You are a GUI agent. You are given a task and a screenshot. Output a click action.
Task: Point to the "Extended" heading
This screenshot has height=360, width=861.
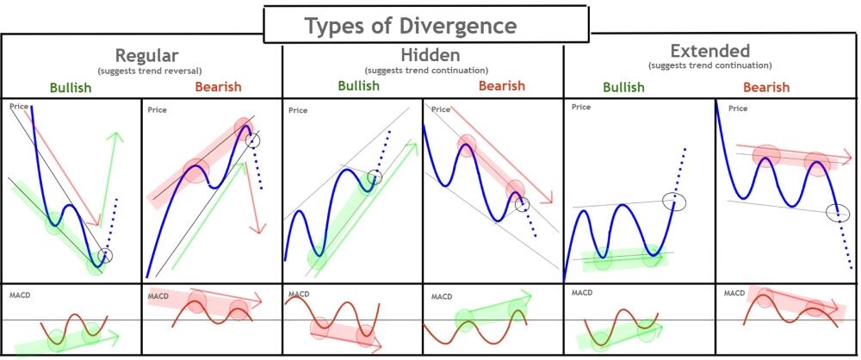[x=709, y=51]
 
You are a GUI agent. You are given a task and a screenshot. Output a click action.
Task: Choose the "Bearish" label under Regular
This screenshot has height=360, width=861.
[x=218, y=87]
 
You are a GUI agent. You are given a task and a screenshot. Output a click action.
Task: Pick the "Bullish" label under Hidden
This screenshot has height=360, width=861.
[x=359, y=85]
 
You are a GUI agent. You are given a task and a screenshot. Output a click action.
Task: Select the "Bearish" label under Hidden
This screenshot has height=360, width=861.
[x=501, y=86]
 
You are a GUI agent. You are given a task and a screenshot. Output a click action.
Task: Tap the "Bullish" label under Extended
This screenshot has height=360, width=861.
[x=623, y=87]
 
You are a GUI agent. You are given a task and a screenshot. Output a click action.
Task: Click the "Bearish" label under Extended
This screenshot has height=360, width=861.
[x=766, y=87]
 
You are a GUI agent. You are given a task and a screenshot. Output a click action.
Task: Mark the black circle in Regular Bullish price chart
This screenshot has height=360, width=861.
[x=105, y=254]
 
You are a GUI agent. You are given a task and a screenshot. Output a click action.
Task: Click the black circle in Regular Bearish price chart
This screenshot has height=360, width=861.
[x=252, y=140]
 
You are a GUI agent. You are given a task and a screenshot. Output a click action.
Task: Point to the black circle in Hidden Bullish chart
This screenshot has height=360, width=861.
[x=375, y=177]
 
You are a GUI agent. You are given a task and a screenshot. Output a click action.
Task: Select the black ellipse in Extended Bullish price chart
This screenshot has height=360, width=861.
[x=675, y=202]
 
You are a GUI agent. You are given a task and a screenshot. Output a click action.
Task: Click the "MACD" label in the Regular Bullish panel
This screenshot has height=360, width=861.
[x=18, y=295]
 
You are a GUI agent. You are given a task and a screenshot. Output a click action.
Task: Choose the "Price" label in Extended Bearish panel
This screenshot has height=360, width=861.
[x=738, y=109]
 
